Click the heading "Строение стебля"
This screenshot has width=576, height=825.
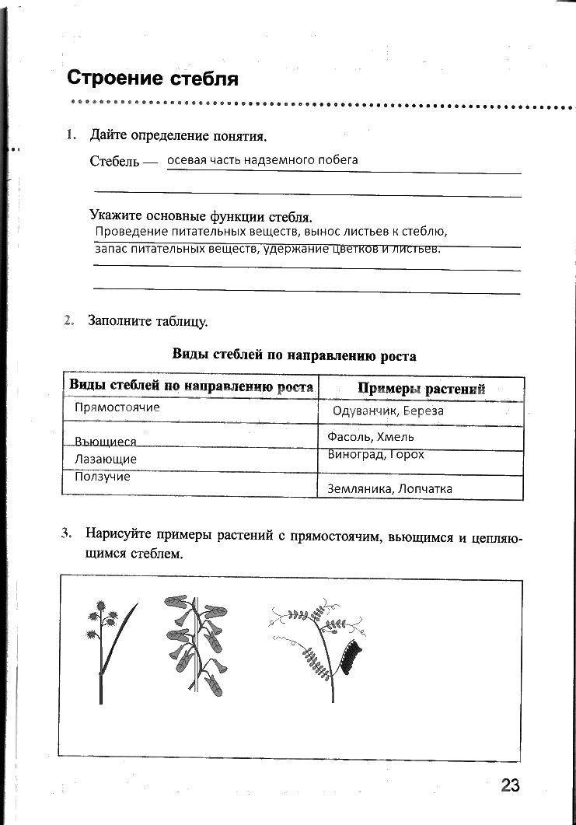[x=152, y=78]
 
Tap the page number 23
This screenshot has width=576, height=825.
[x=509, y=785]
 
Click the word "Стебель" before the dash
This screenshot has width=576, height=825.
[x=114, y=162]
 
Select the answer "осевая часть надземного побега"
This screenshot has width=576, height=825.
[x=263, y=159]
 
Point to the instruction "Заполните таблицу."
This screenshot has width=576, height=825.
[x=148, y=320]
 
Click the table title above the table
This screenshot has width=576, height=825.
[x=294, y=355]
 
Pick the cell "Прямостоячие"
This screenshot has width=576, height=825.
[x=117, y=407]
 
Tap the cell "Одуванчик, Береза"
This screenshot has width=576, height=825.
[x=387, y=411]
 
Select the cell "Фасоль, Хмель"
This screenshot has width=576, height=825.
[x=370, y=437]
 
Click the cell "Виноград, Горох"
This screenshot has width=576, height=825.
[x=375, y=454]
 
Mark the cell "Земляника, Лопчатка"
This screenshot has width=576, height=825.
[x=389, y=488]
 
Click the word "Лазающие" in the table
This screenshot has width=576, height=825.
[x=106, y=459]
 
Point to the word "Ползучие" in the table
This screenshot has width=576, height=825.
[x=103, y=477]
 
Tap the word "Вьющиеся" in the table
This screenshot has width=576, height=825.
[x=106, y=442]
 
